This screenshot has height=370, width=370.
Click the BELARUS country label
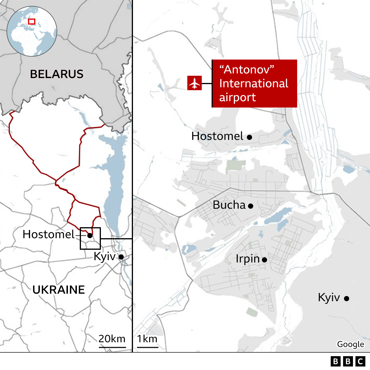57,74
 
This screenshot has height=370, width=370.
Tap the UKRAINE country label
59,290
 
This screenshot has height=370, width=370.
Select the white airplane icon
195,83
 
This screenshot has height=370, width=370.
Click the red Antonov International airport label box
255,84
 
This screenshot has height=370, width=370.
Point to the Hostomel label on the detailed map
217,136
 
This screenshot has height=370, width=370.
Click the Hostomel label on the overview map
49,234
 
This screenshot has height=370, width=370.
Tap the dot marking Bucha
251,206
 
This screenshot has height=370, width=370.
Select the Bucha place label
229,205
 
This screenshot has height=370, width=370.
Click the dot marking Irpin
264,260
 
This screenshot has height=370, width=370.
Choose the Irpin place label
248,259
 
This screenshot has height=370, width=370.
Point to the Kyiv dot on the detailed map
347,298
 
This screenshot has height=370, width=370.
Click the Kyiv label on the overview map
104,256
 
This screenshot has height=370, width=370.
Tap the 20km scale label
112,339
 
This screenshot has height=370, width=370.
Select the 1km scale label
147,339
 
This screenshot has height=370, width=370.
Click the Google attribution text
350,344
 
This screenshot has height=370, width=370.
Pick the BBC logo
348,361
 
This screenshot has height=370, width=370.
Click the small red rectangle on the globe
32,21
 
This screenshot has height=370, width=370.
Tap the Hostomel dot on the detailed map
249,137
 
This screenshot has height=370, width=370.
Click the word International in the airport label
254,84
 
